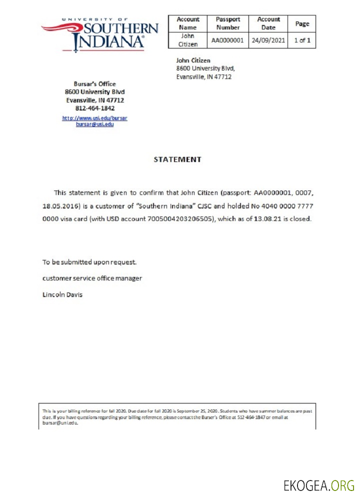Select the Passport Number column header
[227, 23]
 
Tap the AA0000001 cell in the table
[227, 40]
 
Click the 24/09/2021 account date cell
[268, 40]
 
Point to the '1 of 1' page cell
[302, 40]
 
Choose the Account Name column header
[188, 23]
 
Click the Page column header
[302, 23]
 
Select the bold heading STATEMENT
[177, 159]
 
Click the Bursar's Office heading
[94, 84]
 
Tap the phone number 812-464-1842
[94, 108]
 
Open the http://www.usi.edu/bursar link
[94, 118]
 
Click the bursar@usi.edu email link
[94, 124]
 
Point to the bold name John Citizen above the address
[193, 60]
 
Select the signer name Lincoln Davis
[62, 294]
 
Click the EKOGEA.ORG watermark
[319, 484]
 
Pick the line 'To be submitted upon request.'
[89, 261]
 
